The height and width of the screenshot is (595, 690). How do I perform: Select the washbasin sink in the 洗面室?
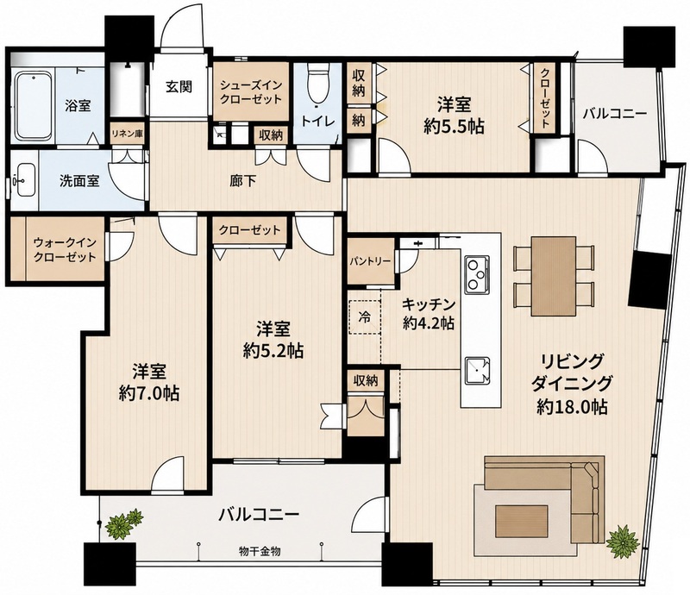tap(25, 180)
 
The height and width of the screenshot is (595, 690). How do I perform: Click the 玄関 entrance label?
tap(179, 86)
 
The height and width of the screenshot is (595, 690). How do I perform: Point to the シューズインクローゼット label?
tap(250, 92)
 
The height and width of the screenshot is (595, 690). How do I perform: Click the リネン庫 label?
tap(127, 134)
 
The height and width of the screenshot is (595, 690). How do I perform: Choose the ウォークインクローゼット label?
tap(65, 249)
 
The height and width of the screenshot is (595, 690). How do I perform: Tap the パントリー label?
tap(370, 261)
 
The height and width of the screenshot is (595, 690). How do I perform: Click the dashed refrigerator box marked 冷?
tap(364, 316)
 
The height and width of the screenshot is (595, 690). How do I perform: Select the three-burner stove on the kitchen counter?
tap(477, 274)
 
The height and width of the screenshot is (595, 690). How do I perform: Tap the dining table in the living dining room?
tap(554, 276)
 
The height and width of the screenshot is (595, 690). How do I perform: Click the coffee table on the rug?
tap(522, 519)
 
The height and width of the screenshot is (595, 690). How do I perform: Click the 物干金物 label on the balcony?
tap(260, 550)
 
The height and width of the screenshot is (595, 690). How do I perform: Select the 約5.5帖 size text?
tap(455, 127)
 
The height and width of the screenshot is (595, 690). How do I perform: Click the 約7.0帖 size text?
tap(149, 393)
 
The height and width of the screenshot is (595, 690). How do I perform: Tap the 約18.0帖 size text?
tap(572, 407)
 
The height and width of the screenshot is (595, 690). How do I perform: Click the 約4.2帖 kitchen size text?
tap(429, 323)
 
